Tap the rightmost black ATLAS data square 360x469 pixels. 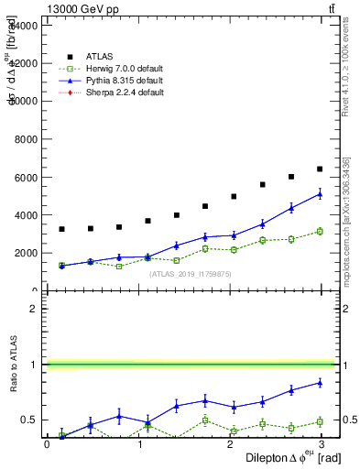tap(320, 169)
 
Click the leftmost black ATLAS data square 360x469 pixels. tap(61, 229)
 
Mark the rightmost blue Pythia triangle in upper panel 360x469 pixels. tap(320, 193)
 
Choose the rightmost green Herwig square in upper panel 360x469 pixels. tap(320, 231)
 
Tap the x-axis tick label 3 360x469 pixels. tap(320, 444)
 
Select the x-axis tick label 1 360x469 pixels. tap(139, 444)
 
